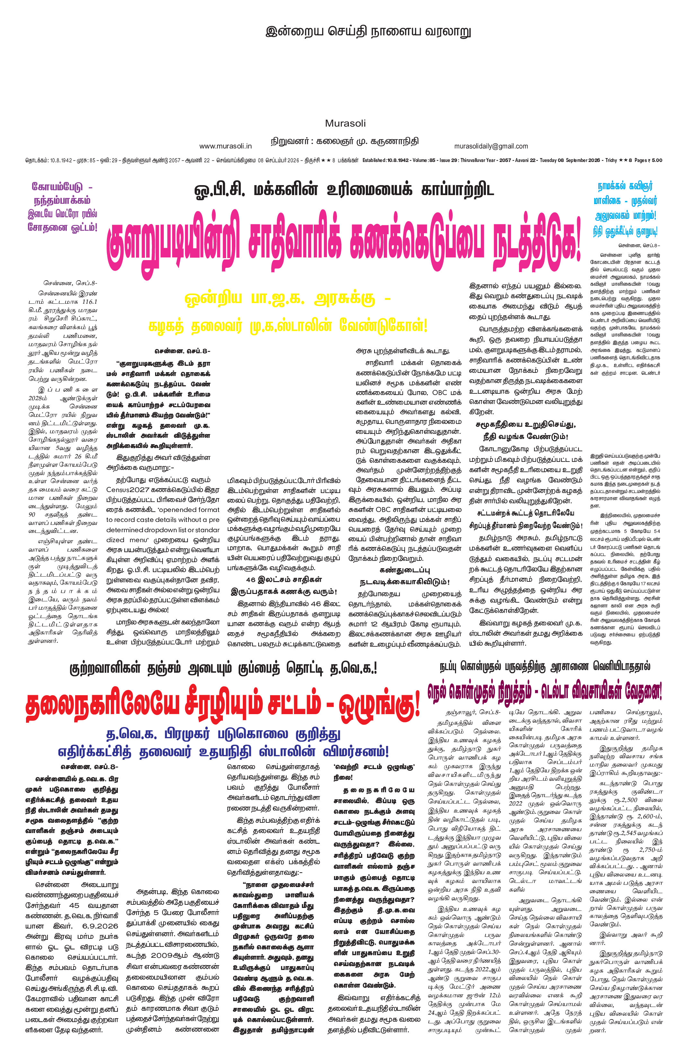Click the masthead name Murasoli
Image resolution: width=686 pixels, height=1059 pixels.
(345, 123)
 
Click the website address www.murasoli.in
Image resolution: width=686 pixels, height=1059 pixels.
(225, 146)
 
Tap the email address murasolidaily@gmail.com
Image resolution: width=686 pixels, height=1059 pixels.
(491, 146)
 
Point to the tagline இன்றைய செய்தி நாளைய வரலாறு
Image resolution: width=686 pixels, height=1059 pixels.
(368, 31)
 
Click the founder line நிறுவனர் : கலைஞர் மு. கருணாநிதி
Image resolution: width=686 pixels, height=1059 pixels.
(345, 141)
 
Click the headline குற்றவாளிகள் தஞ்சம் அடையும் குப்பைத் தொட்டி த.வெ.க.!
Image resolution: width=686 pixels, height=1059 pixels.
(223, 669)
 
